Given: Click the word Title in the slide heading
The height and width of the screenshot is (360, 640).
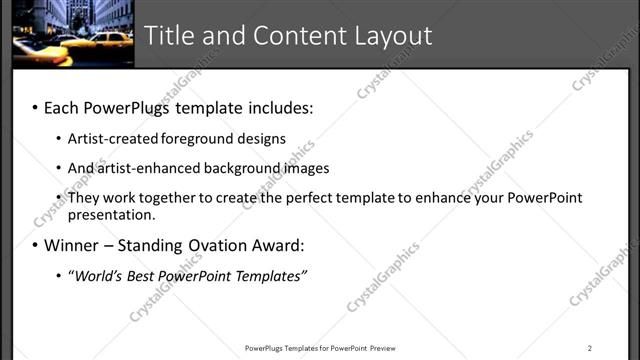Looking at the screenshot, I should [169, 36].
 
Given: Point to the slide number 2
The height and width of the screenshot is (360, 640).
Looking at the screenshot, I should [590, 348].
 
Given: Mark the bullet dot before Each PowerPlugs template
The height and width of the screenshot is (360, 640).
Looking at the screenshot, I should [35, 107].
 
